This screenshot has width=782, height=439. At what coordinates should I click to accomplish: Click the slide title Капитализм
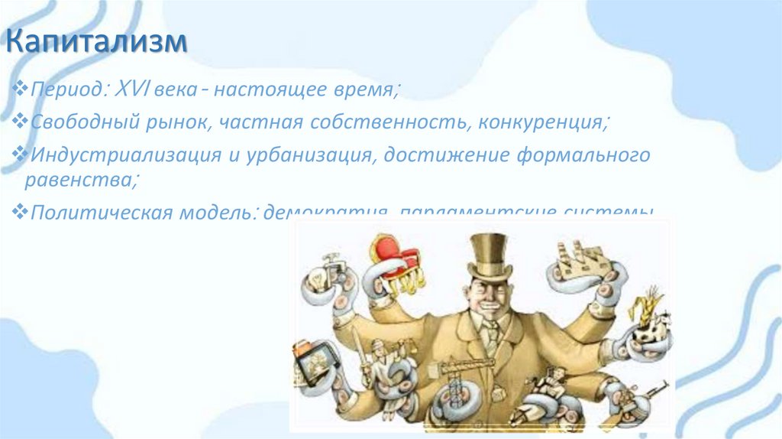[x=97, y=43]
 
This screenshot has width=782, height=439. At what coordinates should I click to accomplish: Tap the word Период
[x=64, y=90]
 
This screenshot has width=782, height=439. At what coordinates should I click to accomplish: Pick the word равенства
[x=79, y=180]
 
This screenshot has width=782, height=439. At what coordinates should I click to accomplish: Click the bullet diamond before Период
[x=21, y=90]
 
